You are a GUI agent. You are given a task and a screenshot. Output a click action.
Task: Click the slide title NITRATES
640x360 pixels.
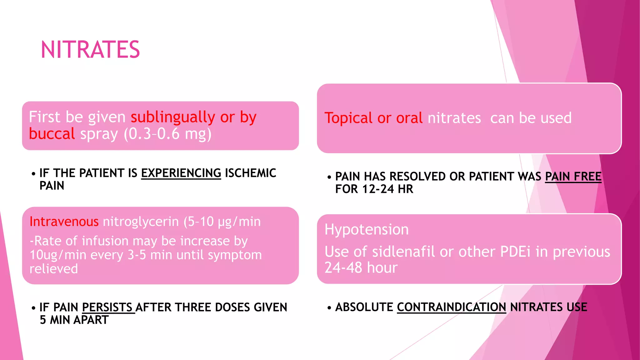tap(90, 50)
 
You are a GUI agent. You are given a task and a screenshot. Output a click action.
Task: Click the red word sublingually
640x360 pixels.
tap(173, 117)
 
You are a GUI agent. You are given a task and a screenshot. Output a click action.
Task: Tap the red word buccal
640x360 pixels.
tap(52, 134)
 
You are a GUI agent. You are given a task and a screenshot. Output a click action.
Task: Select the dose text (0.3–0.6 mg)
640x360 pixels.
tap(167, 134)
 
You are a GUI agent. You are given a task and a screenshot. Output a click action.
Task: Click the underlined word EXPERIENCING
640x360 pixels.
tap(181, 173)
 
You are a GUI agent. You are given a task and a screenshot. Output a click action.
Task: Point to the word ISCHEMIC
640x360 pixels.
tap(250, 173)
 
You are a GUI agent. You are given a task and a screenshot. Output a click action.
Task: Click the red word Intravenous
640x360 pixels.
tap(64, 222)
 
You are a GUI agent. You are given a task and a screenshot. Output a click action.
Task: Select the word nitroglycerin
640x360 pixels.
tap(141, 222)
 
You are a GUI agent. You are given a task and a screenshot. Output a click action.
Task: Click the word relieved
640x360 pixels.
tap(54, 269)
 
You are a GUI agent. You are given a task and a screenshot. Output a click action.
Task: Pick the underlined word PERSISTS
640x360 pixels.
tap(107, 307)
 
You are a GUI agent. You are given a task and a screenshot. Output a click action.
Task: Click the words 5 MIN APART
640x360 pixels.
tap(74, 320)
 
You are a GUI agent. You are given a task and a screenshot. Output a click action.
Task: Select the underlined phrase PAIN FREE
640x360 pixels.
tap(573, 177)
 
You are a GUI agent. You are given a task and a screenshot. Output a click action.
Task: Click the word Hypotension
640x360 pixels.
tap(367, 229)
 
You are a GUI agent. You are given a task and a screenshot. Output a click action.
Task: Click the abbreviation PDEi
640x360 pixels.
tap(515, 252)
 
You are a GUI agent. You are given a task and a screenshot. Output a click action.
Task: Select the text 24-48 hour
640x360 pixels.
tap(361, 268)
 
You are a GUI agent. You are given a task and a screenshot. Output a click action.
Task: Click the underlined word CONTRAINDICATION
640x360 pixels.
tap(451, 307)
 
